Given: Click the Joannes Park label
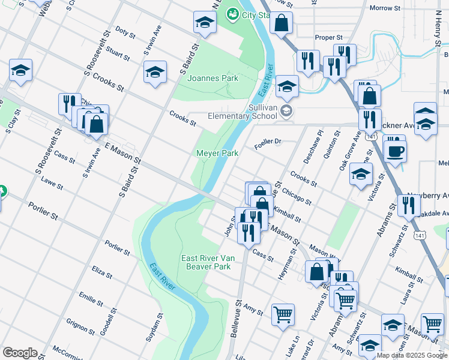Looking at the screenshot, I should [212, 79].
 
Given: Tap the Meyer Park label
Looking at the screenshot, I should [217, 154].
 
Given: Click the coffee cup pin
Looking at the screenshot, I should [394, 151].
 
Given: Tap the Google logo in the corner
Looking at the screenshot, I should [19, 353].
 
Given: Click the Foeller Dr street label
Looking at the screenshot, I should [268, 142].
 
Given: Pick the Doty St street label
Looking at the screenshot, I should [125, 32].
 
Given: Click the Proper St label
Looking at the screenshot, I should [328, 37].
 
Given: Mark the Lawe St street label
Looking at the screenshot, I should [52, 182].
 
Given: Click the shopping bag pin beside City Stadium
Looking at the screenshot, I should [281, 24].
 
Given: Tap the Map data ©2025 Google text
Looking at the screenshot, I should [412, 355].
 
